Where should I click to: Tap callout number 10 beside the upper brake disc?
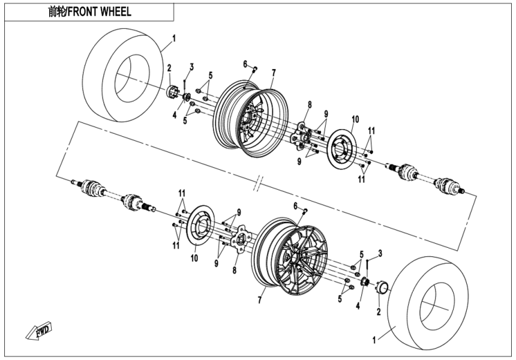(x=355, y=118)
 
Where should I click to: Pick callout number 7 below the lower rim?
(x=260, y=298)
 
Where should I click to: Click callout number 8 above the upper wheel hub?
(x=309, y=104)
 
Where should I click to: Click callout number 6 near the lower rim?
(x=295, y=205)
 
